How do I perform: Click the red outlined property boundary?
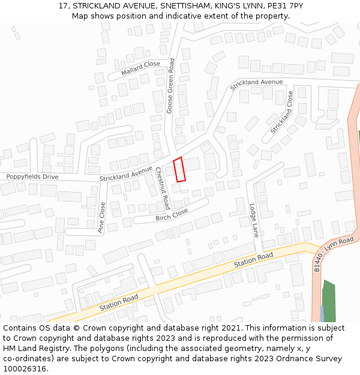pyautogui.click(x=179, y=169)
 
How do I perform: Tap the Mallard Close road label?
pyautogui.click(x=140, y=68)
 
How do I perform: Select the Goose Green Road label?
pyautogui.click(x=170, y=86)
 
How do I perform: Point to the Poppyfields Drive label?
pyautogui.click(x=32, y=177)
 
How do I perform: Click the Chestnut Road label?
pyautogui.click(x=163, y=188)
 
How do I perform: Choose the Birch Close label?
pyautogui.click(x=172, y=215)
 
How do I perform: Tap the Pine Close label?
pyautogui.click(x=102, y=217)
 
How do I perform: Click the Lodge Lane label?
pyautogui.click(x=254, y=220)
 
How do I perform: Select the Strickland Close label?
pyautogui.click(x=281, y=112)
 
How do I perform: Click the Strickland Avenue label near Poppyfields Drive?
pyautogui.click(x=126, y=174)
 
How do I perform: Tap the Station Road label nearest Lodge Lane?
pyautogui.click(x=253, y=260)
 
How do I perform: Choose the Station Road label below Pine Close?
pyautogui.click(x=119, y=302)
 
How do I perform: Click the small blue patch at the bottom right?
pyautogui.click(x=322, y=313)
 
